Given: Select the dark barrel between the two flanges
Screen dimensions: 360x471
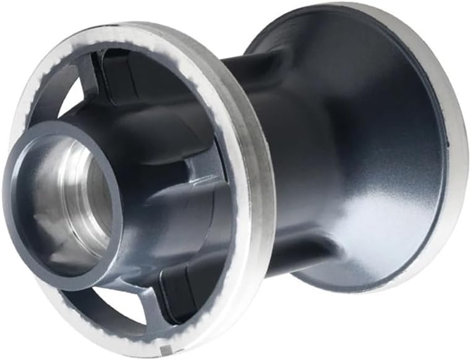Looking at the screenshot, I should point(291,155).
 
